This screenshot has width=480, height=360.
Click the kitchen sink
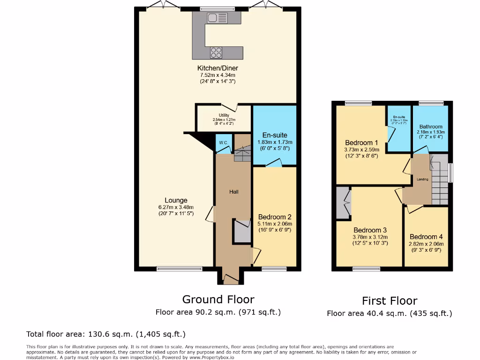[217, 18]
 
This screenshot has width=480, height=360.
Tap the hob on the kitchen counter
[216, 52]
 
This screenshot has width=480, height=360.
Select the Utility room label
[224, 115]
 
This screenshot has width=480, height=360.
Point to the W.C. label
[223, 142]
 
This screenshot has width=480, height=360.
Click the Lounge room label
[176, 200]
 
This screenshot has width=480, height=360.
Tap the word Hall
[234, 192]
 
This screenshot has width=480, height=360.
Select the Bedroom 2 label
[275, 217]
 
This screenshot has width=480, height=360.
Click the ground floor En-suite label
[275, 135]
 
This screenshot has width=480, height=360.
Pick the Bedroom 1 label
[361, 143]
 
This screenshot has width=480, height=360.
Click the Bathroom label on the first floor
[431, 127]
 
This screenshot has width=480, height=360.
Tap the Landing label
[422, 179]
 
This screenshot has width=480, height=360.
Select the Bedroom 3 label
[370, 230]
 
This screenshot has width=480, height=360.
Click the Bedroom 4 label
[426, 237]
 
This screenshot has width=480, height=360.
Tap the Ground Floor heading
[218, 300]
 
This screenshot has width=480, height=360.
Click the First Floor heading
[389, 301]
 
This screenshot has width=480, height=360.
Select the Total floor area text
[106, 334]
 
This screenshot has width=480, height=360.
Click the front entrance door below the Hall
[230, 279]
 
